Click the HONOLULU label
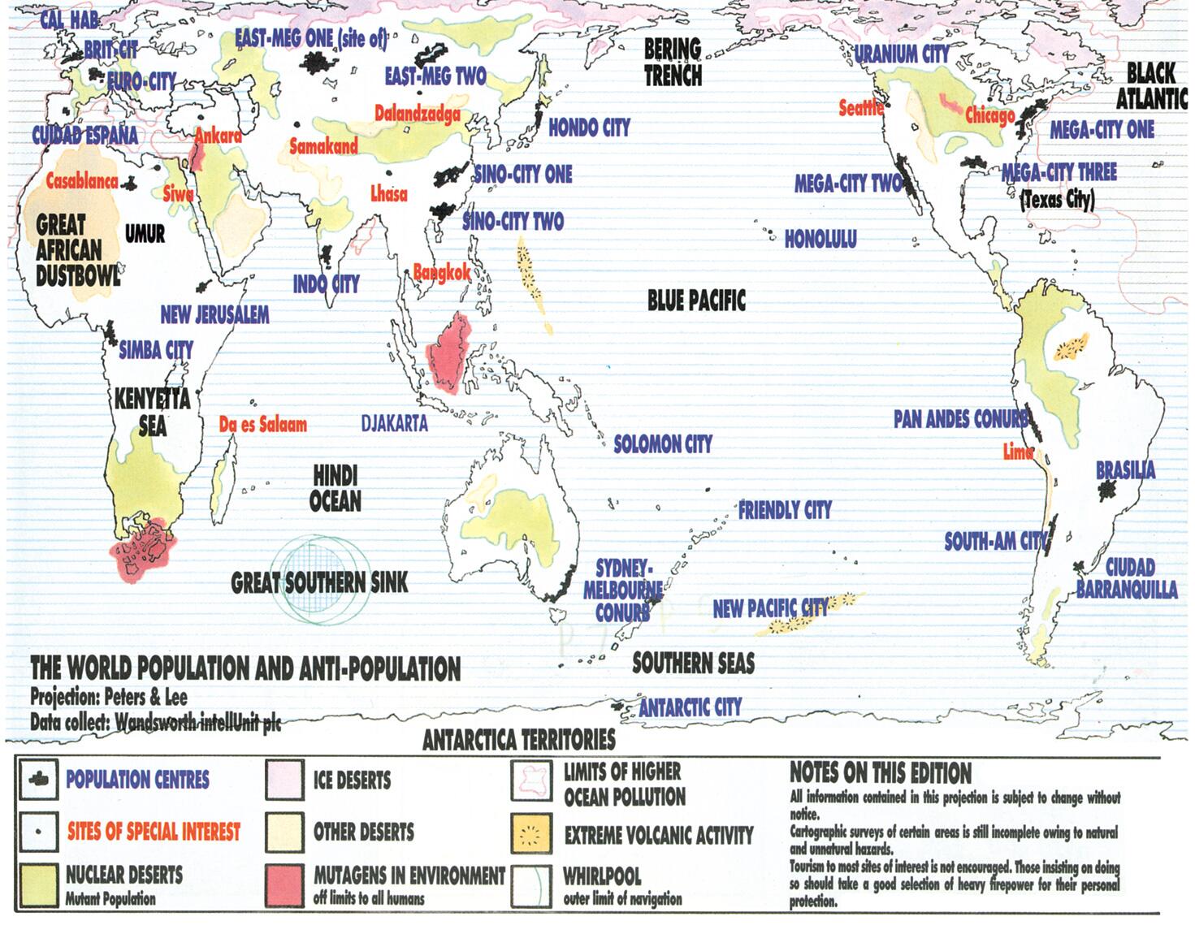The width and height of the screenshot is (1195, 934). tap(820, 239)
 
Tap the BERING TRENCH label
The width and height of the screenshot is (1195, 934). tap(673, 63)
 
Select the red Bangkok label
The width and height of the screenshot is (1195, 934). tap(442, 273)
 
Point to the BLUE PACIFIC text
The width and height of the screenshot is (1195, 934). tap(696, 301)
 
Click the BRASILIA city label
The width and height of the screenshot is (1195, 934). tap(1125, 470)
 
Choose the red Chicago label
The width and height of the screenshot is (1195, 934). tap(989, 115)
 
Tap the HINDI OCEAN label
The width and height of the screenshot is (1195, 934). tap(336, 488)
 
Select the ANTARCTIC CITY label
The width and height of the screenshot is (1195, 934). tap(690, 707)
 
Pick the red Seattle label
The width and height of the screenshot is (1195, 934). tap(861, 107)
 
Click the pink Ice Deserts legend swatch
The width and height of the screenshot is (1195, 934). tap(284, 780)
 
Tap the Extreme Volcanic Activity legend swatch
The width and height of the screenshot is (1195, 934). tap(532, 833)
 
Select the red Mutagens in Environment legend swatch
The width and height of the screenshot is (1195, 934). tap(284, 884)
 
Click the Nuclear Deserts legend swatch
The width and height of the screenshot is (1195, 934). tap(37, 884)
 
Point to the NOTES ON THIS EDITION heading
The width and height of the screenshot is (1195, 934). tap(881, 772)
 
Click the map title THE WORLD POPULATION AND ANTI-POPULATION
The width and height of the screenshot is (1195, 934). tap(245, 668)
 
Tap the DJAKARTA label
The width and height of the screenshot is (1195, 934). tap(394, 423)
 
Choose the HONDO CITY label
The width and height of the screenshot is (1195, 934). tap(589, 128)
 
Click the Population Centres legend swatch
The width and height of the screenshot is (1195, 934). tap(37, 780)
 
